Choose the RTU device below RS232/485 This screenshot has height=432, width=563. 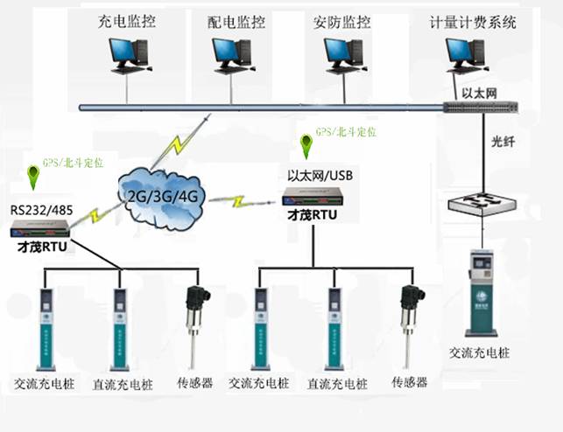pos(42,230)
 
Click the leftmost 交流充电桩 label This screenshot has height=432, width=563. pos(37,382)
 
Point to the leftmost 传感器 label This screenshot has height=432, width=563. pos(195,382)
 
